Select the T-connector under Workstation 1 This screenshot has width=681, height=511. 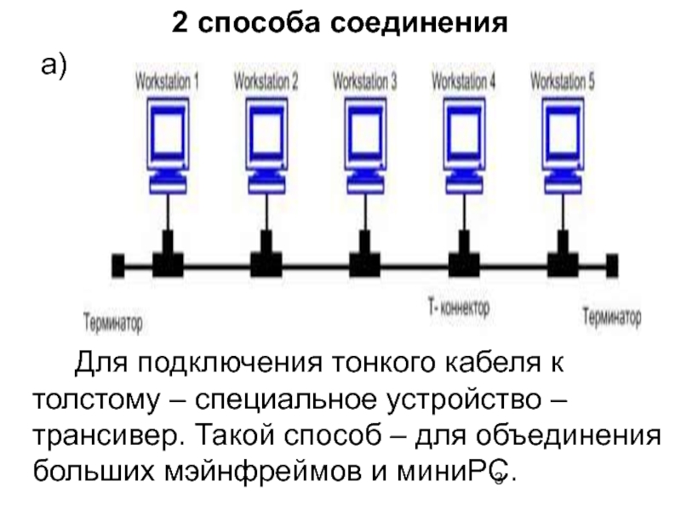[168, 255]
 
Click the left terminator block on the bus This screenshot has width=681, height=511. [118, 265]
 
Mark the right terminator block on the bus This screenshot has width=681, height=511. [610, 265]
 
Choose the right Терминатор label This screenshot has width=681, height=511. [611, 319]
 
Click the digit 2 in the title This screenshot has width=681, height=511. [179, 23]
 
